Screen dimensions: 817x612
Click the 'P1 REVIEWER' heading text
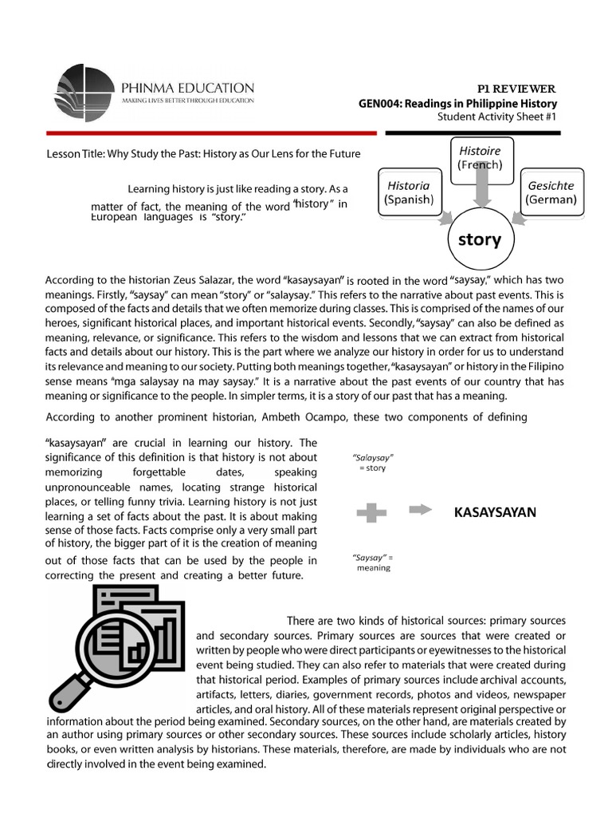coord(521,88)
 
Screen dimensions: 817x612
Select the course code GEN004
coord(379,104)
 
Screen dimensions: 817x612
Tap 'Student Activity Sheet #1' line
coord(497,117)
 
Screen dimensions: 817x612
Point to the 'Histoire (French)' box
coord(480,157)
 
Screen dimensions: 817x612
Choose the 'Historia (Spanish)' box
coord(408,192)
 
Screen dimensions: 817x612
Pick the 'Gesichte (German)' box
coord(551,192)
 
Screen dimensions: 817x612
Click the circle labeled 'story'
coord(480,239)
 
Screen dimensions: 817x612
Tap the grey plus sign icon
coord(367,513)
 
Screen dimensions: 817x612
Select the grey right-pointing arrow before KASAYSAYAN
coord(421,510)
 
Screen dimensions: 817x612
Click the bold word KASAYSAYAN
coord(495,512)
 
